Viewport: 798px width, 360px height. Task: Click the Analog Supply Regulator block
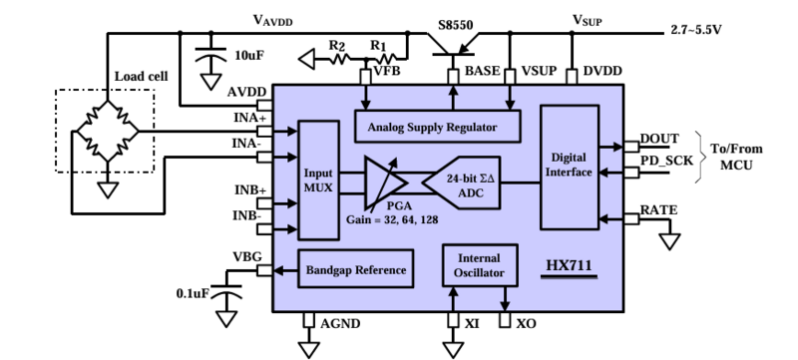coord(440,127)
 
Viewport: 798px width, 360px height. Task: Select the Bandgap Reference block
coord(355,269)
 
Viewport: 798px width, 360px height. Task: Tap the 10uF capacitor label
coord(249,57)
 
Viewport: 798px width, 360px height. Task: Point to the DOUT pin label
coord(659,139)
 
